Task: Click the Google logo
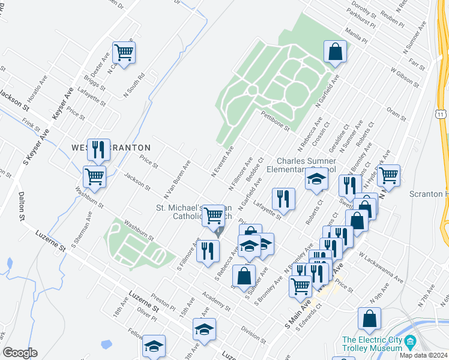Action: (19, 353)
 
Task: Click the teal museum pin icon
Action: (411, 342)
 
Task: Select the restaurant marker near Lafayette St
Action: (283, 198)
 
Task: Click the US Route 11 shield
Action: (441, 113)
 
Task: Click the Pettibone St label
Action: (276, 120)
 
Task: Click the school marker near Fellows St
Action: (154, 346)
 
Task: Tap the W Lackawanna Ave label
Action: (381, 267)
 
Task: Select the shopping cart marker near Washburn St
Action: (94, 176)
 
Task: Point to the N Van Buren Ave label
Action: (177, 180)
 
